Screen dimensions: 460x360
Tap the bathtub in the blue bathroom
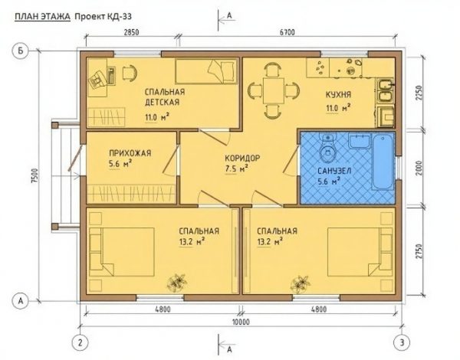(383, 162)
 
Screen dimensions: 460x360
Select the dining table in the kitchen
(274, 90)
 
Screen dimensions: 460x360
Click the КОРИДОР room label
(242, 159)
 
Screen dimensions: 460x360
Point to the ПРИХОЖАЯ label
(130, 153)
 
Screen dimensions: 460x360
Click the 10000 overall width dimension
(241, 322)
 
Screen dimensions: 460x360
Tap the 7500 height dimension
(35, 175)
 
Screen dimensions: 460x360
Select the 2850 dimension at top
(130, 32)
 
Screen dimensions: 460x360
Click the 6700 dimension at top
(287, 32)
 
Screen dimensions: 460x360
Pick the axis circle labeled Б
(20, 51)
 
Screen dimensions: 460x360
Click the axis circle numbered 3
(402, 342)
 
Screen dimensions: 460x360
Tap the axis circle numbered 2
(80, 342)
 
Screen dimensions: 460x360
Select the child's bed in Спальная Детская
(206, 71)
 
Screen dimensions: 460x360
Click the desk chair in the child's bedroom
(129, 73)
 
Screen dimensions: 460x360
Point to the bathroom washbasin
(360, 141)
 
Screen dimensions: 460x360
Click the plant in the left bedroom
(176, 283)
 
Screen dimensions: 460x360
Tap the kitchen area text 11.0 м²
(339, 108)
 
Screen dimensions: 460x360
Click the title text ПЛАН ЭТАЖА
(42, 16)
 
